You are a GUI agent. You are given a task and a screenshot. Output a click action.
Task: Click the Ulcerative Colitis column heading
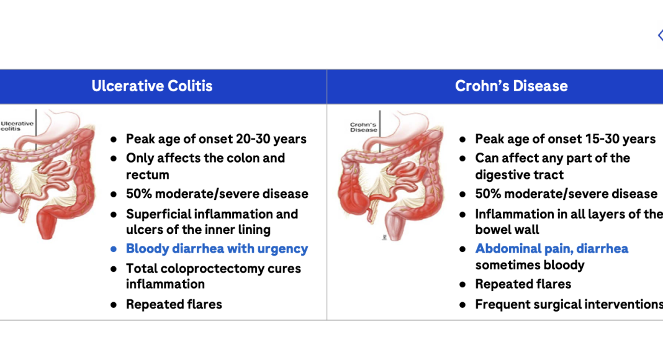click(x=152, y=86)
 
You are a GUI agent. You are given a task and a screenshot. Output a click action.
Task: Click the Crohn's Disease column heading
click(x=511, y=86)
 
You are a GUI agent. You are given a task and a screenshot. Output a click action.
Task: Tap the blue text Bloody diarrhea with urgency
click(x=217, y=249)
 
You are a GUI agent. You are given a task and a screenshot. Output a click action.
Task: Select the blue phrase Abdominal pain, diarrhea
click(x=552, y=248)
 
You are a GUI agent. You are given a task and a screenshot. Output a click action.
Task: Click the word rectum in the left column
click(x=148, y=175)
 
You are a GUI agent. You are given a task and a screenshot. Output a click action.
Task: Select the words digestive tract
click(x=519, y=175)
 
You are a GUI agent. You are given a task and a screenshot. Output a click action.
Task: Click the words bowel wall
click(x=507, y=230)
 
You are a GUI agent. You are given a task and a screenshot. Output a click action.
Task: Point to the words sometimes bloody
click(x=530, y=265)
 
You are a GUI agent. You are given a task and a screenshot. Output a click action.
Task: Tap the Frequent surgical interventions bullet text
click(x=569, y=304)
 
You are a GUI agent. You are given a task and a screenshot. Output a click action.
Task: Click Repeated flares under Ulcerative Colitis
click(x=174, y=304)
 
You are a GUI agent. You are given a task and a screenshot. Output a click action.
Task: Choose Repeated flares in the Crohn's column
click(x=523, y=284)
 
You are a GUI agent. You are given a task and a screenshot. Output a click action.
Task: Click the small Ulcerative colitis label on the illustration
click(x=17, y=126)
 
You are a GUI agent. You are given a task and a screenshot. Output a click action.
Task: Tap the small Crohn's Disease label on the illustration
click(x=364, y=127)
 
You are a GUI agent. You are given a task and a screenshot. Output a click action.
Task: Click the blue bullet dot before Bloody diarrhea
click(x=114, y=250)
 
